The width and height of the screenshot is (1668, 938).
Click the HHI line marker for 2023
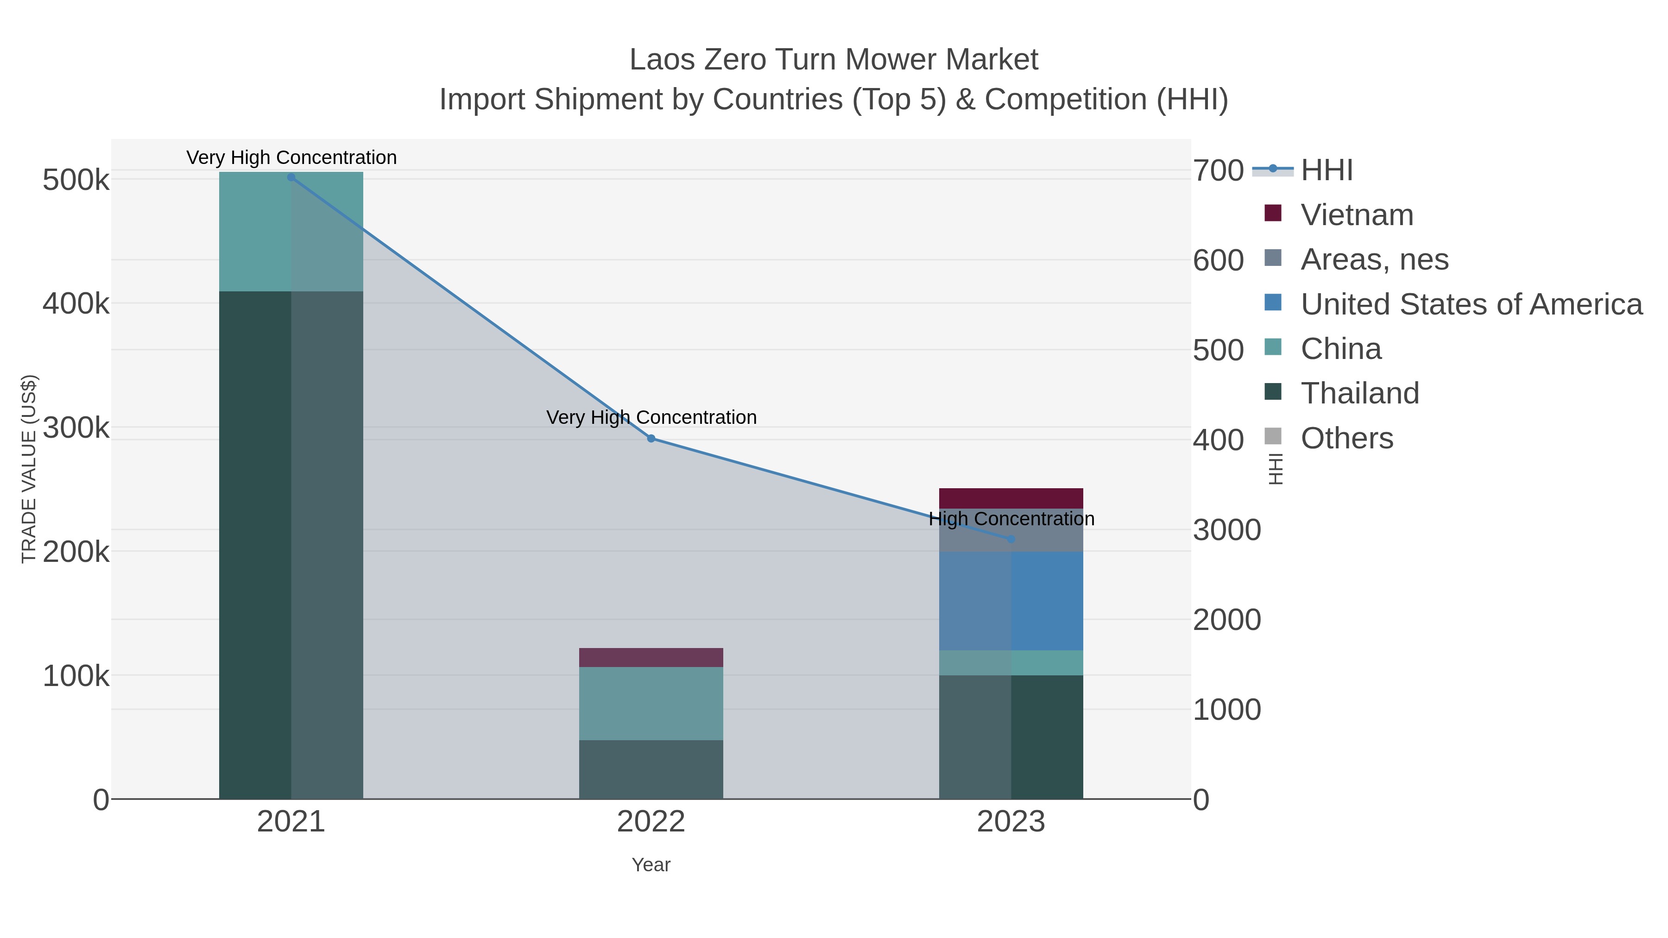[1011, 539]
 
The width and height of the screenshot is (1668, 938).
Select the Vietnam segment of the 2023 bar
[1011, 498]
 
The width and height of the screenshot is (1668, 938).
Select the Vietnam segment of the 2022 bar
[651, 657]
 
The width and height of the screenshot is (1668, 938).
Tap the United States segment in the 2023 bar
[1011, 601]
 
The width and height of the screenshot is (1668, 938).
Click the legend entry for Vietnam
[1357, 215]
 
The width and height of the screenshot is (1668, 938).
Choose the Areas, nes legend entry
[1374, 259]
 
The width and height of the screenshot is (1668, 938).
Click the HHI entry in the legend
[1326, 170]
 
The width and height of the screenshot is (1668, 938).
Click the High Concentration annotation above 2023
[1011, 518]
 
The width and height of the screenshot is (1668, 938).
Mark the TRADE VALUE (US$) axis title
[29, 469]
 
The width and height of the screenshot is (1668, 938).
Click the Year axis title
[651, 865]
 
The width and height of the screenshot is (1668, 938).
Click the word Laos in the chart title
[661, 60]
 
